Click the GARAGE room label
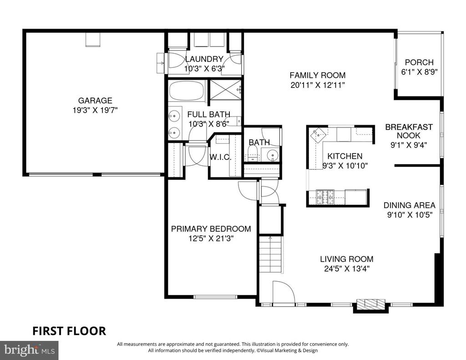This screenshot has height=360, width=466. [95, 101]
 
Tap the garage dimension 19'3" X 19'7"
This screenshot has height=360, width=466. [95, 110]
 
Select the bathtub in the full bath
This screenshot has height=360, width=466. [187, 91]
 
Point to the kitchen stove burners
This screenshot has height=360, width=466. [325, 197]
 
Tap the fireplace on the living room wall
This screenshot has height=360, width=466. [370, 305]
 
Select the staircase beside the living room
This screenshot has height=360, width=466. [270, 254]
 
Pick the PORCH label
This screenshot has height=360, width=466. [419, 62]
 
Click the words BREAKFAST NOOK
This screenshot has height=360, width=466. [409, 131]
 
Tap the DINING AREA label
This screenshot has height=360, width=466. [409, 205]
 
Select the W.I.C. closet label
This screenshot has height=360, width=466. [220, 157]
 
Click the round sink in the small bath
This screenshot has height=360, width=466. [273, 155]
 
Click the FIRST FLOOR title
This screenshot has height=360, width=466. [69, 331]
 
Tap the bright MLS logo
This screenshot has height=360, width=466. [29, 350]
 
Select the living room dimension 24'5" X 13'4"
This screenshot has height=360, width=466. [346, 269]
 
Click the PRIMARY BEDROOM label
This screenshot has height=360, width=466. [211, 228]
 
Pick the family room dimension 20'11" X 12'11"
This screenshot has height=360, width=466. [317, 85]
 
